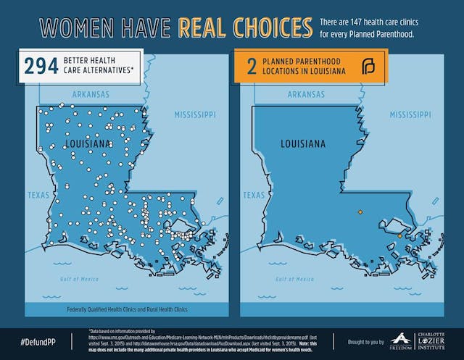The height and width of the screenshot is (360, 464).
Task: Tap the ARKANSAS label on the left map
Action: (x=91, y=94)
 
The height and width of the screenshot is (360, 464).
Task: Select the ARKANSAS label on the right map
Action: (x=306, y=94)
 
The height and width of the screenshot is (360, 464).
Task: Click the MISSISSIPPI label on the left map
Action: (x=195, y=115)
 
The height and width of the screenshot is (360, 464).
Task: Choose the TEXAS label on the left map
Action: (x=38, y=195)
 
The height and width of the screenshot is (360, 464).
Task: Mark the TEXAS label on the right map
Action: (x=254, y=195)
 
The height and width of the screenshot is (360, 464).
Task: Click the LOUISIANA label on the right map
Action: (x=303, y=143)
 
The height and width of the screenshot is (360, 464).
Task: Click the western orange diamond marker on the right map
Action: (x=360, y=212)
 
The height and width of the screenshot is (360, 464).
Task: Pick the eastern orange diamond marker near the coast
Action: (x=399, y=235)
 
